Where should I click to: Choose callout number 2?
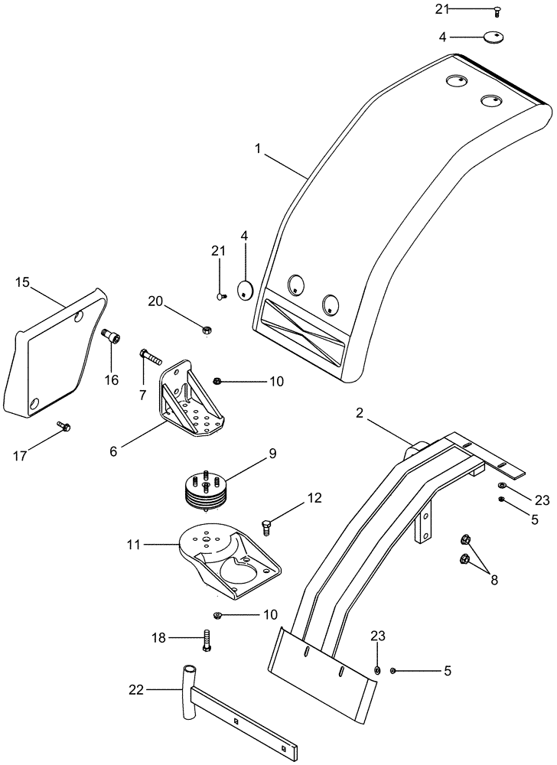(x=359, y=414)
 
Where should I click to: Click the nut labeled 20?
(x=207, y=330)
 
